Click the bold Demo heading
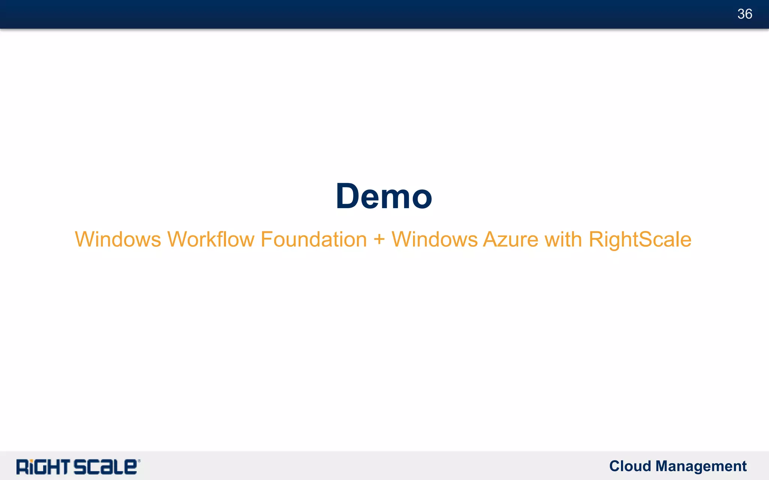[x=384, y=196]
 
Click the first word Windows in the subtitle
[x=118, y=239]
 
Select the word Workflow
[x=211, y=239]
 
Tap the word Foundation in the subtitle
[x=314, y=239]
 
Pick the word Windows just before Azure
[x=434, y=239]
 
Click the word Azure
[x=511, y=239]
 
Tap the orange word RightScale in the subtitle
[x=640, y=239]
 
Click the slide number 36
[x=745, y=14]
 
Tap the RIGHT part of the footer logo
[x=43, y=467]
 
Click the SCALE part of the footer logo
[x=105, y=467]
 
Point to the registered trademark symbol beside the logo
[x=139, y=461]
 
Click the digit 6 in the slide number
[x=748, y=14]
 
